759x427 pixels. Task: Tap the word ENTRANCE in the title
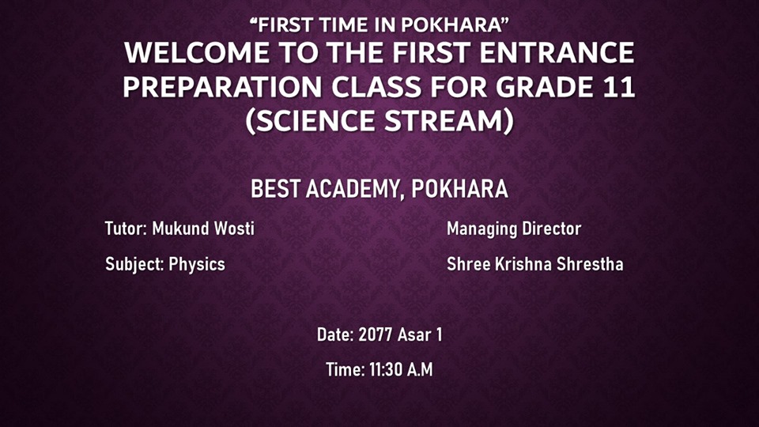557,52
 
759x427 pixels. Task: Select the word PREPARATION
222,87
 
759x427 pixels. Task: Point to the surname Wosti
234,229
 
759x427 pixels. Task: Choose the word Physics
197,265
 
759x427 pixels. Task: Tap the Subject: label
134,265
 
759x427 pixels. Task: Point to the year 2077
375,335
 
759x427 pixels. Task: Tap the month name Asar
413,335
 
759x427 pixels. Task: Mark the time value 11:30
385,370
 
